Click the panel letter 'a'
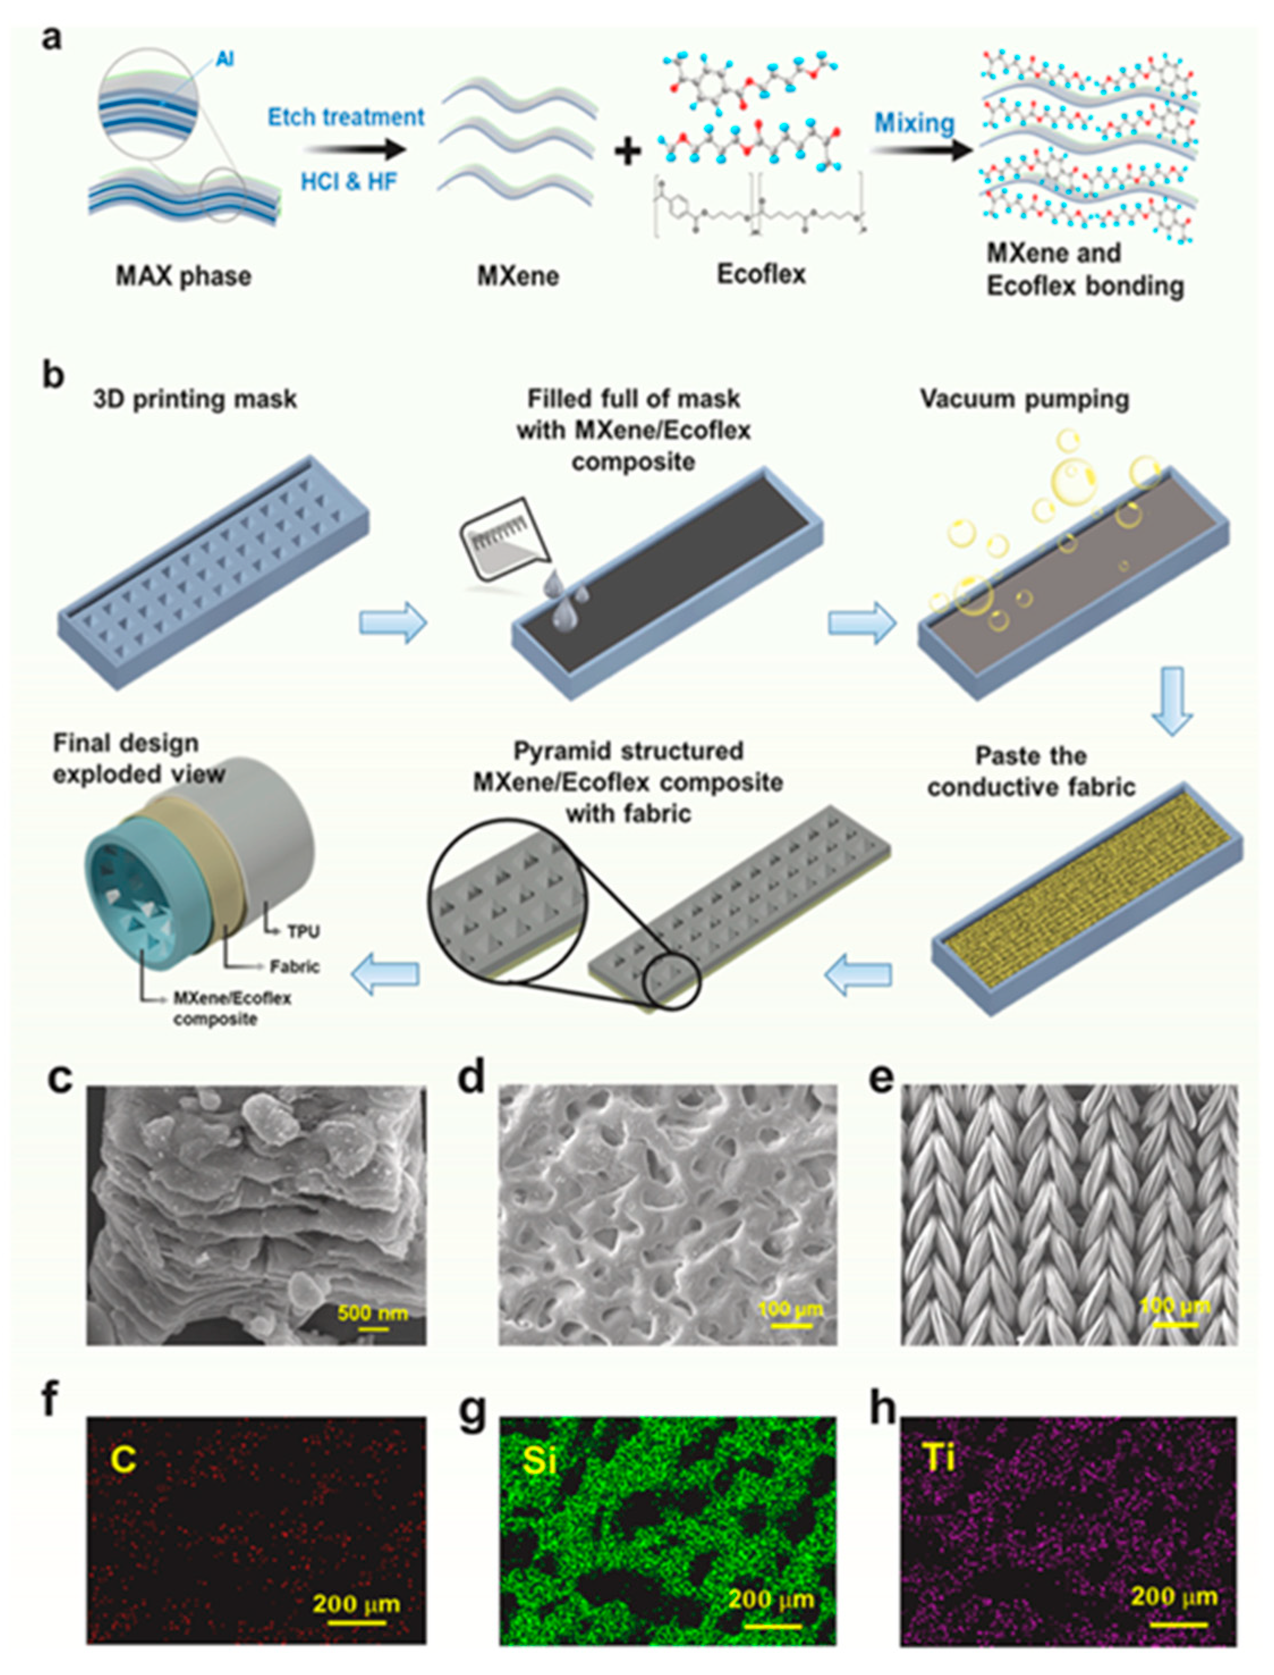51,38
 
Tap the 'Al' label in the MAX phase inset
224,58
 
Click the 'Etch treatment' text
346,117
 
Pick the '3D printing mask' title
195,400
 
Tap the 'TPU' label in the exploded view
303,932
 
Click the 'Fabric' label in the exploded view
294,967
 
